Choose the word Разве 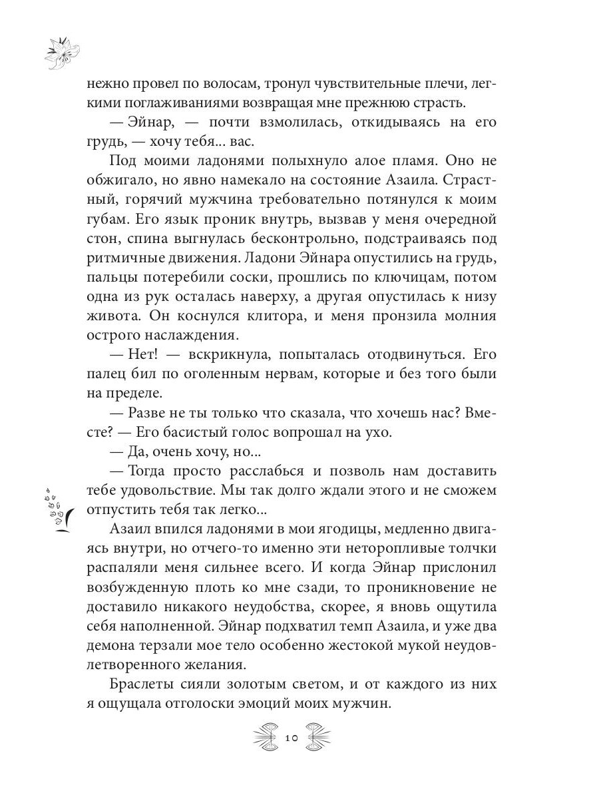[x=148, y=412]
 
